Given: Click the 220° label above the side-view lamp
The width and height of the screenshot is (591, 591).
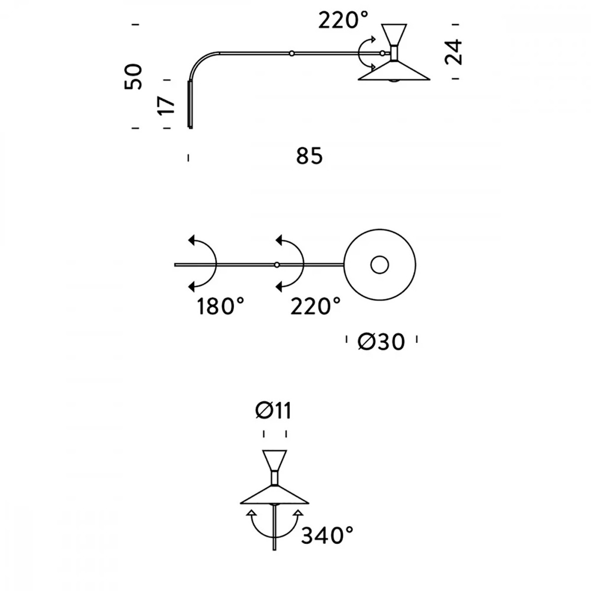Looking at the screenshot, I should (x=343, y=21).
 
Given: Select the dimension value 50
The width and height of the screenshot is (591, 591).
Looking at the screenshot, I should (x=133, y=76).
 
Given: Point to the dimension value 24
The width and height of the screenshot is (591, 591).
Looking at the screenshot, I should (x=454, y=52).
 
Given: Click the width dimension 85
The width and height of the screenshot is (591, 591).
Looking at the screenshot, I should (x=310, y=157).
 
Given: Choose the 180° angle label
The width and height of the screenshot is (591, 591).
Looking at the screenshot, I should (x=220, y=307).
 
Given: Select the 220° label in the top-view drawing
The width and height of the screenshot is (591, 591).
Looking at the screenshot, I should (x=315, y=307).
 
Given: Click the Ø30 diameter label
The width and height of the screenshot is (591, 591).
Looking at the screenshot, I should (x=382, y=341).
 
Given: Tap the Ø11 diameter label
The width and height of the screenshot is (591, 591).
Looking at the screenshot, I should (x=274, y=411).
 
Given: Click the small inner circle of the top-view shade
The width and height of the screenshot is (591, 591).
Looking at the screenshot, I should (x=379, y=265).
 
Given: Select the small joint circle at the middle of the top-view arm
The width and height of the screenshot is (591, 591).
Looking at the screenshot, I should (x=277, y=265).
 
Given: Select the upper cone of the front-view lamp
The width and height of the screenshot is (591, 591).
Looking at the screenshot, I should (x=275, y=460).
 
